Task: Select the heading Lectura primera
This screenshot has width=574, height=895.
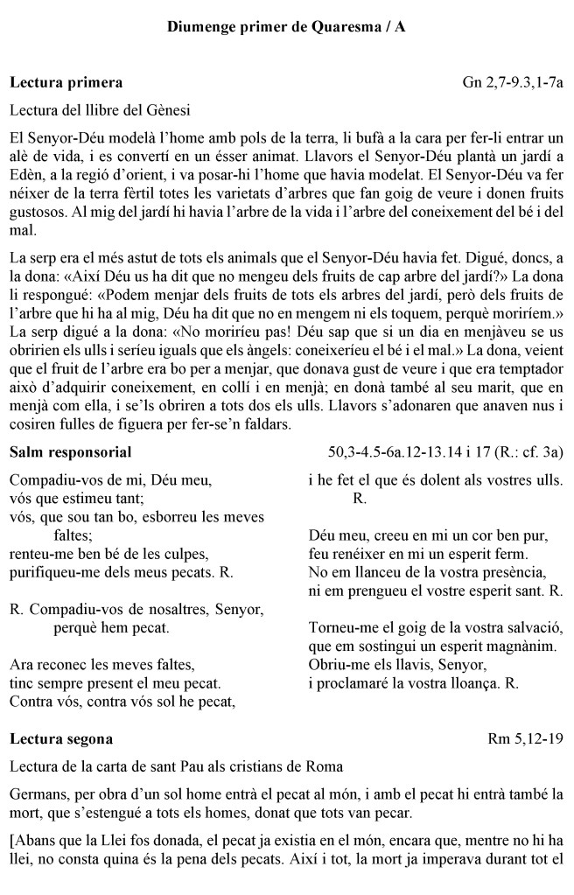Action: point(66,83)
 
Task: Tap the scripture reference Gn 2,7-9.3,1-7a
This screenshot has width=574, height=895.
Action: point(513,83)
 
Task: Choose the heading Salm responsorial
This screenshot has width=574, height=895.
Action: point(71,452)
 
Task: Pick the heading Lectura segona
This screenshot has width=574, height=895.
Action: point(61,738)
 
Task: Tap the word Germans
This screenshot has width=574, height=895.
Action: point(36,794)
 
